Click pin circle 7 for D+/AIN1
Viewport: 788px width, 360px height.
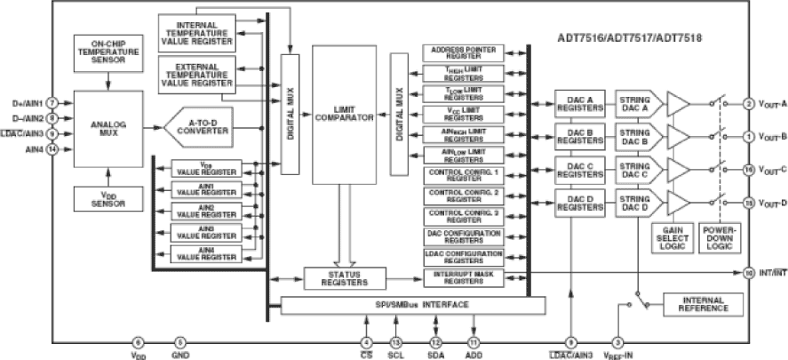pyautogui.click(x=53, y=102)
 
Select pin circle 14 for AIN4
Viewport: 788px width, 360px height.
pyautogui.click(x=53, y=148)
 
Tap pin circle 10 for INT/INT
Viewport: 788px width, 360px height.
pyautogui.click(x=748, y=272)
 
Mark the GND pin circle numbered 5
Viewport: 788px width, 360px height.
pyautogui.click(x=180, y=341)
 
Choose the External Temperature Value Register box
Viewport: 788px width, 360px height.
pyautogui.click(x=196, y=73)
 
